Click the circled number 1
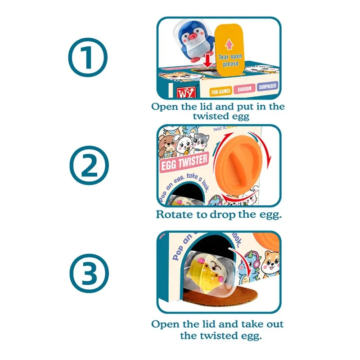click(x=88, y=58)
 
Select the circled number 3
click(x=88, y=272)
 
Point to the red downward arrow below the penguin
click(x=207, y=60)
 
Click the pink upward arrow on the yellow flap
click(x=229, y=44)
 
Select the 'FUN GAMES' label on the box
click(x=220, y=90)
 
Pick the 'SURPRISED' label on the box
click(x=267, y=86)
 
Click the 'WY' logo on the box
click(x=185, y=93)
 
